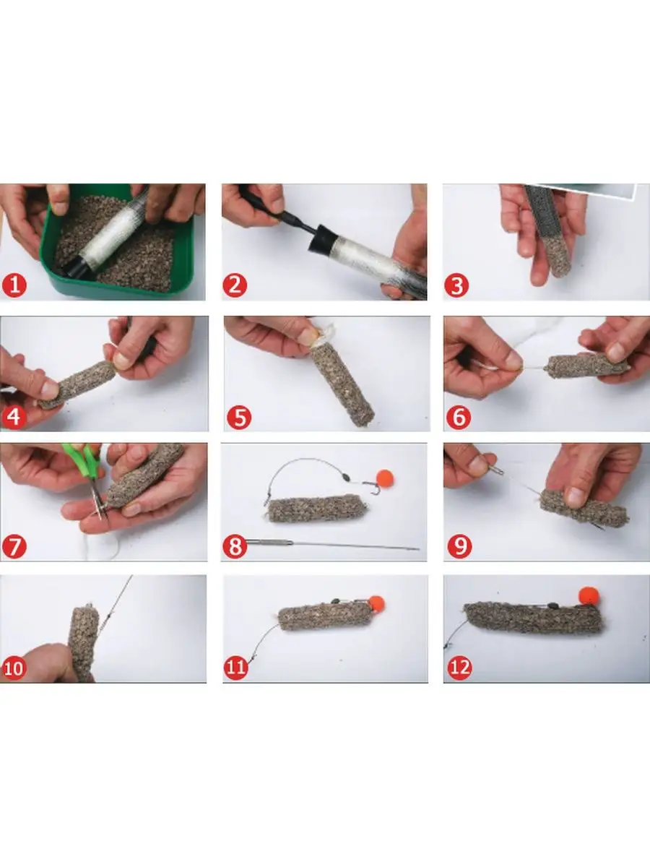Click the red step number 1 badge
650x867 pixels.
[x=14, y=285]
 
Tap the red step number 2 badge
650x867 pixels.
[x=235, y=285]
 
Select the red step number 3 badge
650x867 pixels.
[x=456, y=285]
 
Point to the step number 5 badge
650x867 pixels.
[x=239, y=417]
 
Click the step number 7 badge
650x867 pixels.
[x=14, y=546]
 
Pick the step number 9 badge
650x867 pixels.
[x=459, y=546]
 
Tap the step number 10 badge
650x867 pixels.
[x=14, y=668]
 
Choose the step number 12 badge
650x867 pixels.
[x=460, y=668]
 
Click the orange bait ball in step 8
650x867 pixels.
[x=385, y=479]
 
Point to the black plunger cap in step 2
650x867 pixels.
[x=321, y=239]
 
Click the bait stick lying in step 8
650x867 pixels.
[x=317, y=509]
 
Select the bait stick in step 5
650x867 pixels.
[x=342, y=382]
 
